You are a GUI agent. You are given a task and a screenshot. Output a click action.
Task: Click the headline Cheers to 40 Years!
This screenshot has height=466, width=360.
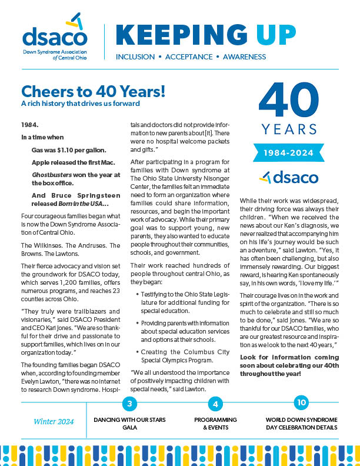pos(93,92)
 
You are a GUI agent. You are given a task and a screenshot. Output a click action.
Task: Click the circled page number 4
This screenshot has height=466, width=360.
pos(216,404)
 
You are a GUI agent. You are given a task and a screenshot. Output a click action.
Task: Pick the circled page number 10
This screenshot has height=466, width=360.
pos(301,403)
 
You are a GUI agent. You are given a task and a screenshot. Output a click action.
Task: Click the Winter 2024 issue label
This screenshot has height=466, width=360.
pos(53,421)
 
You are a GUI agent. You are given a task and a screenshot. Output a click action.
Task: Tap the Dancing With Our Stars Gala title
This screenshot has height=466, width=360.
pos(129,424)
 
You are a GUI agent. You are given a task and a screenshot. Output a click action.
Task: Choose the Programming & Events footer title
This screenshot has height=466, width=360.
pos(216,424)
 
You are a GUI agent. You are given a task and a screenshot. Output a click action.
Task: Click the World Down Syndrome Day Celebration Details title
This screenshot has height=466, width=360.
pos(301,424)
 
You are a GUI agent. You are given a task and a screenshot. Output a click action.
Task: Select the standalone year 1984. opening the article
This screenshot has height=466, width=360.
pos(29,125)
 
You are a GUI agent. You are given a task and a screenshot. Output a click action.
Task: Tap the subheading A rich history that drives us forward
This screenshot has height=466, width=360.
pos(80,104)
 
